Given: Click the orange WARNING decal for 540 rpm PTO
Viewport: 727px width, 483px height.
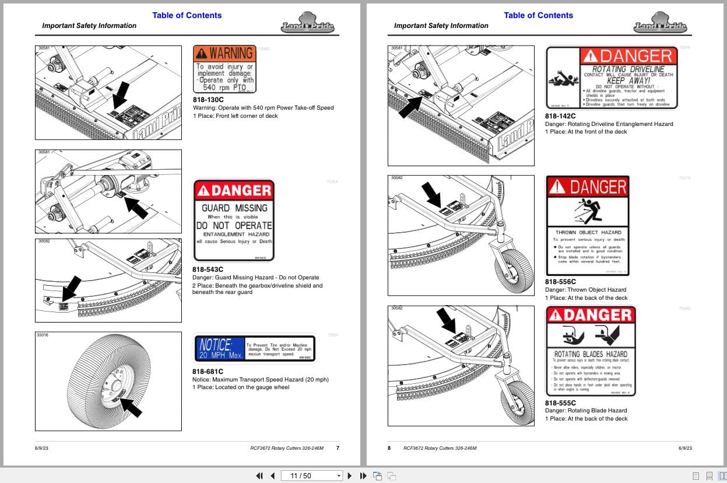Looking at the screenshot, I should [x=224, y=69].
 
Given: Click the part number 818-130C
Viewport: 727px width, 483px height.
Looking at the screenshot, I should [x=208, y=100].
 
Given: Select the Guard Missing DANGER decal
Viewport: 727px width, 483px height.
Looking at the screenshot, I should [x=233, y=220].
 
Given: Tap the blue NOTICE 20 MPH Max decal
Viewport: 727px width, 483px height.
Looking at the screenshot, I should [x=254, y=348].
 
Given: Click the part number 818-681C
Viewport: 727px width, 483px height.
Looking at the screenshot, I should [x=208, y=371].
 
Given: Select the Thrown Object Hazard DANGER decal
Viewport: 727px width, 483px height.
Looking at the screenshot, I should [x=588, y=225].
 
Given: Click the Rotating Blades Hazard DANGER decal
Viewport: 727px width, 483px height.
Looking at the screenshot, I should [x=591, y=351].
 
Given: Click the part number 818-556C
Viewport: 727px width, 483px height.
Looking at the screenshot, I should [x=560, y=282].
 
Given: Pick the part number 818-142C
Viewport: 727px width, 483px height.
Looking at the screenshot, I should [x=560, y=116].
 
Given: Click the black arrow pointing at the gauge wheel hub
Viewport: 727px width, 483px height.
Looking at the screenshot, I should [x=131, y=407].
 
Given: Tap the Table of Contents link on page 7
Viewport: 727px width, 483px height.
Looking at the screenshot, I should [x=187, y=15].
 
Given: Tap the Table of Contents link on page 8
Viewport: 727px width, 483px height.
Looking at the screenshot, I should [x=538, y=15].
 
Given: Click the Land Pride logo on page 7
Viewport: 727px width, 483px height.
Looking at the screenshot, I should [x=306, y=26].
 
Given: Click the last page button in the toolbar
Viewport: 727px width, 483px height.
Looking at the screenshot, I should [x=363, y=475].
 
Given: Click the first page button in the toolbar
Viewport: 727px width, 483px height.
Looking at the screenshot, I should [x=259, y=475].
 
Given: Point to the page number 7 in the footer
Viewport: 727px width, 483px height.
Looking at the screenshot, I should [x=338, y=448].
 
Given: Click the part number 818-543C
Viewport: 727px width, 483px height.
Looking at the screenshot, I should [x=208, y=269].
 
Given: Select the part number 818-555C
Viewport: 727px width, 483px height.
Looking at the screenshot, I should [x=560, y=402].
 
